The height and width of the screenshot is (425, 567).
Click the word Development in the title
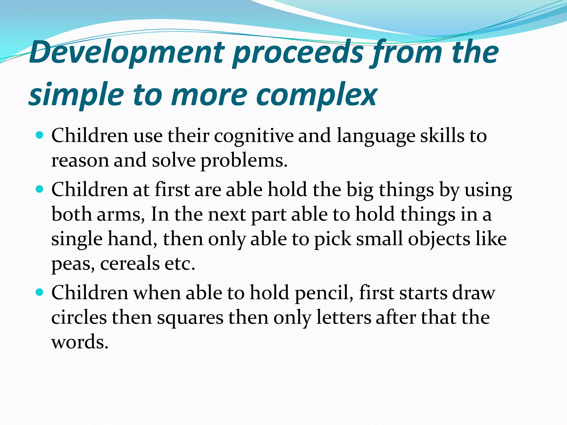pyautogui.click(x=126, y=53)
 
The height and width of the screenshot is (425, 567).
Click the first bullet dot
pyautogui.click(x=40, y=135)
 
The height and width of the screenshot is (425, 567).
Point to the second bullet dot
pyautogui.click(x=40, y=190)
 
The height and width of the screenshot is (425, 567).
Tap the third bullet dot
pyautogui.click(x=40, y=292)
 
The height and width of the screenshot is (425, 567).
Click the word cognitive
pyautogui.click(x=254, y=136)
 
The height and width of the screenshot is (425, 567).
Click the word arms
pyautogui.click(x=121, y=215)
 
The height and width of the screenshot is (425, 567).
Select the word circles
pyautogui.click(x=79, y=318)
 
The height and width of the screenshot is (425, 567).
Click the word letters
pyautogui.click(x=344, y=318)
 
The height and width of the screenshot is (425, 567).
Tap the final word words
pyautogui.click(x=80, y=342)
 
